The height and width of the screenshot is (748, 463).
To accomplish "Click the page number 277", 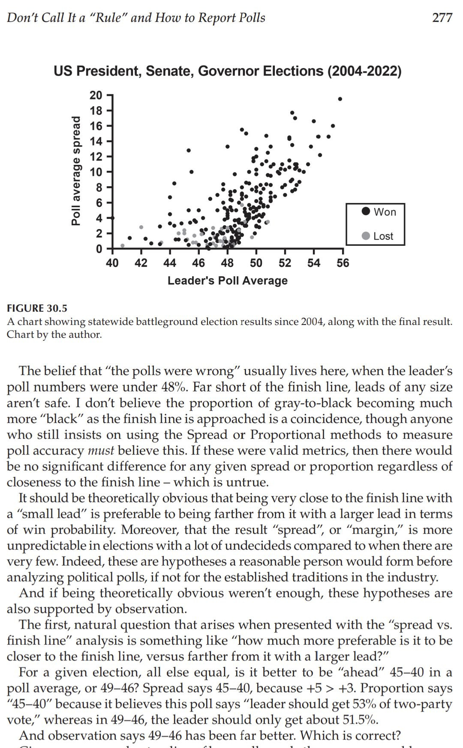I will click(442, 18).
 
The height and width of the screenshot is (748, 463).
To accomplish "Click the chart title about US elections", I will click(227, 71).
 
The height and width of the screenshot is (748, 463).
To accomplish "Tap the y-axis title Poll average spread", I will click(76, 170).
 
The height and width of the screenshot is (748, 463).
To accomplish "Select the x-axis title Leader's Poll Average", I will click(227, 281).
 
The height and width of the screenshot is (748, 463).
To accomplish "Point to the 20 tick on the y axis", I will click(96, 95).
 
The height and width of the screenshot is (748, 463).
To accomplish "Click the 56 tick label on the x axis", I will click(343, 263).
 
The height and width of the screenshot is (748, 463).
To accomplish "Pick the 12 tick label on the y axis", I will click(96, 156).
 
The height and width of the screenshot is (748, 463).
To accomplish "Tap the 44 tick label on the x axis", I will click(170, 263).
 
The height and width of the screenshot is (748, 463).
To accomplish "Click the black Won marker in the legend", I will click(366, 212).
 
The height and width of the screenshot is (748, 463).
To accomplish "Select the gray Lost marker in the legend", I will click(366, 236).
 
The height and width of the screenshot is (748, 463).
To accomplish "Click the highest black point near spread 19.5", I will click(340, 99).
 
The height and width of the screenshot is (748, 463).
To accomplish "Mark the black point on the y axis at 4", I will click(113, 218).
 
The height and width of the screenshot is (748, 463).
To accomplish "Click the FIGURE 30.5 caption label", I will click(37, 308).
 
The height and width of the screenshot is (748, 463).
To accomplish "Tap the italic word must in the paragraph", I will click(101, 450).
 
